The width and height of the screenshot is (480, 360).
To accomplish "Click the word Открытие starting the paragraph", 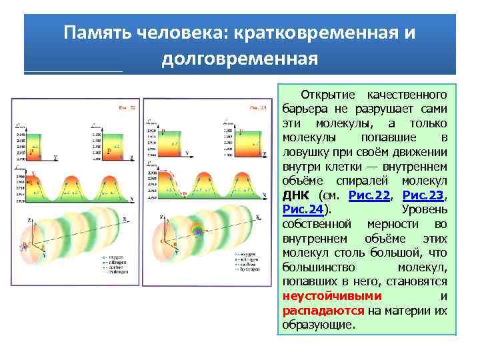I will click(326, 93).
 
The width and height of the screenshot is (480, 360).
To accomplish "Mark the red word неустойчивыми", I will click(332, 296).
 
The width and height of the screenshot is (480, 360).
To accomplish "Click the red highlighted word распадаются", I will click(323, 311).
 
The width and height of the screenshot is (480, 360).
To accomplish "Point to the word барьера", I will click(305, 108).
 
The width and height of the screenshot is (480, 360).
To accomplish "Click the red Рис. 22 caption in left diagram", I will click(127, 107).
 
